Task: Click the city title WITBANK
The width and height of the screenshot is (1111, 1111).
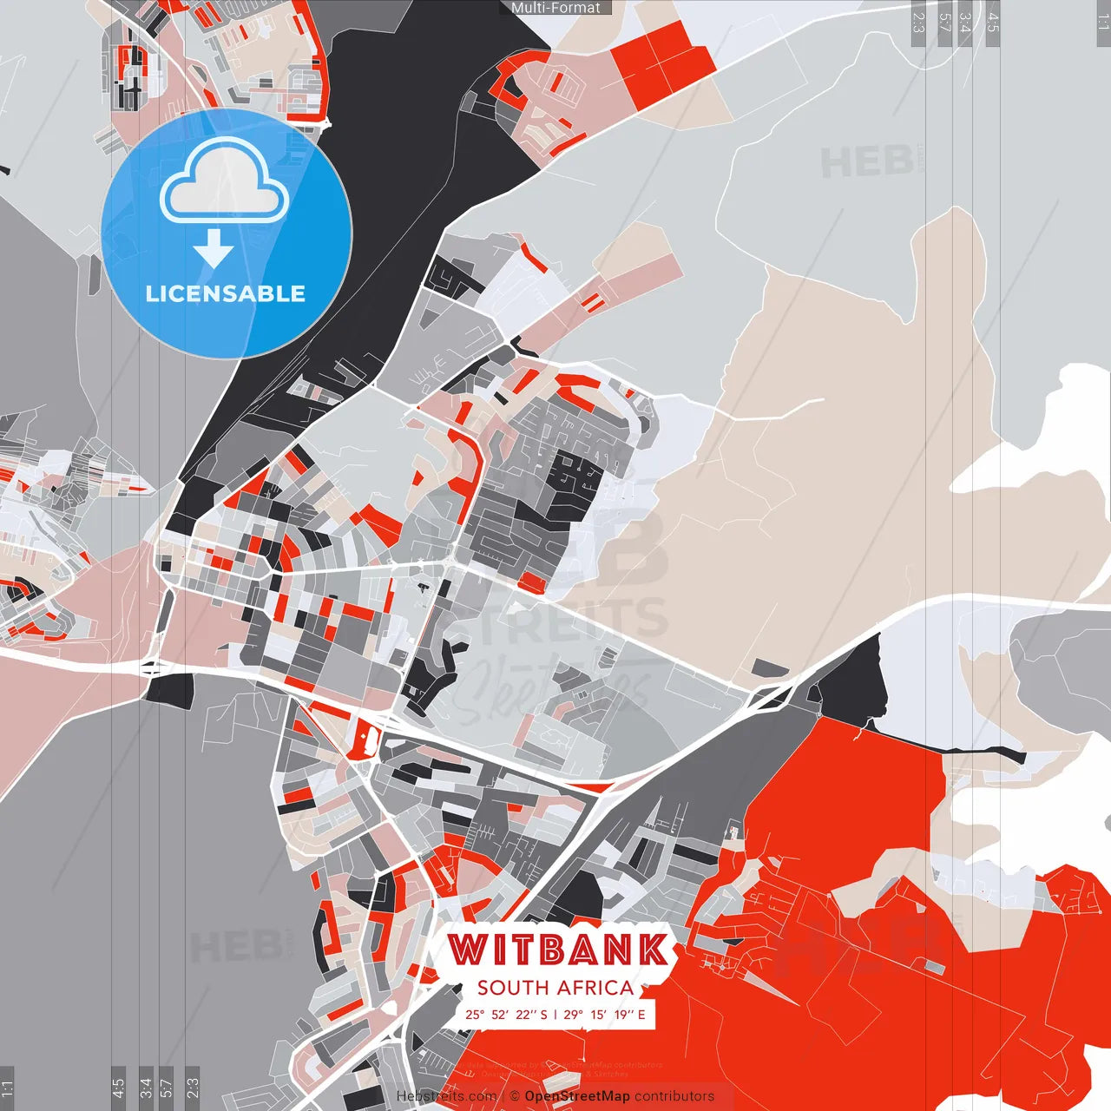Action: pos(559,950)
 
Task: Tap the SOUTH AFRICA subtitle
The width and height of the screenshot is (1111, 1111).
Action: pos(555,988)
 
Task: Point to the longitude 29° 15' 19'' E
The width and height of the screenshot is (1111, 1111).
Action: pos(605,1015)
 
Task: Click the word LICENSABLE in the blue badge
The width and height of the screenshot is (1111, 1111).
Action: pos(226,293)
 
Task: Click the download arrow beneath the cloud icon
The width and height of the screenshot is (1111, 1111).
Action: pos(214,251)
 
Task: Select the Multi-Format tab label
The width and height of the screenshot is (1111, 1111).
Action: pos(555,8)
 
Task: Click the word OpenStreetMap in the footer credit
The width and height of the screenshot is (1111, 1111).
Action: pos(577,1096)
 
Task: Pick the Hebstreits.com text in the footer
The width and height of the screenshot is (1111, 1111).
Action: pos(446,1096)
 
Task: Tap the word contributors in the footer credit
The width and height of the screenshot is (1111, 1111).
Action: pos(674,1096)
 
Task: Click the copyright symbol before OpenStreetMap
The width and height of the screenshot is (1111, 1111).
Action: pos(515,1096)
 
